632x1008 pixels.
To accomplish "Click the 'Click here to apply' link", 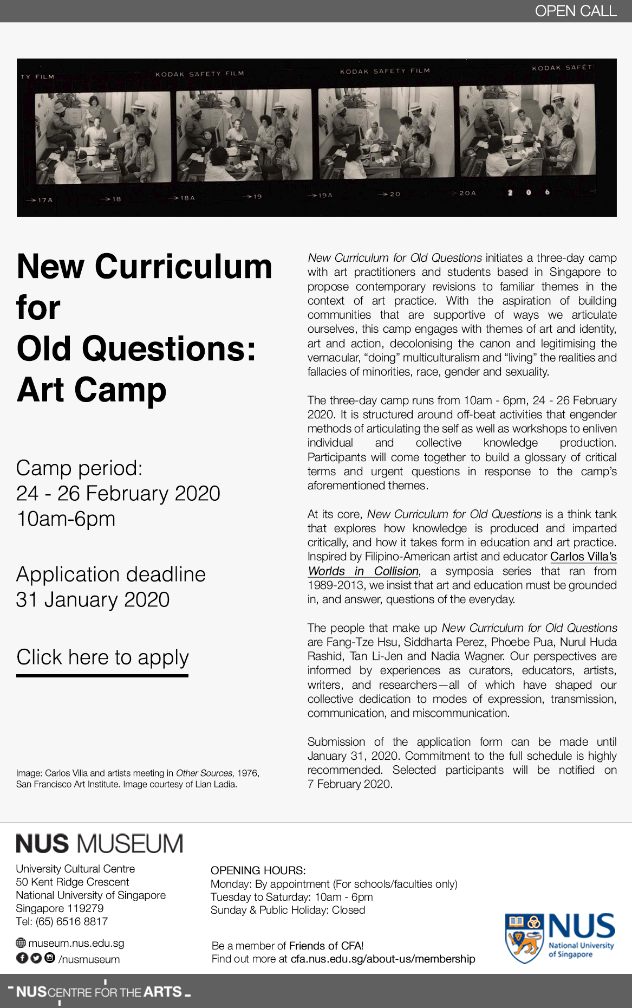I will coord(102,658).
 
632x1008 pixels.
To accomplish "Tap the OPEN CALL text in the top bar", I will coord(575,11).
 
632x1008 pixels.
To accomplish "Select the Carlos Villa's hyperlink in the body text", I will coord(583,557).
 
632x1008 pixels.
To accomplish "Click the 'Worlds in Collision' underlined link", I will coord(363,571).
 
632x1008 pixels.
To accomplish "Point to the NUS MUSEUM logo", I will coord(100,844).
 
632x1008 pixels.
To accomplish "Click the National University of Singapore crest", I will coord(524,938).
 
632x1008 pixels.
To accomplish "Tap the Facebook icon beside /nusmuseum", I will coord(22,958).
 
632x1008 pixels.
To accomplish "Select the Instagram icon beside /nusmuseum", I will coord(50,958).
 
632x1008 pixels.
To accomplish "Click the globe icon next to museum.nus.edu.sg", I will coord(21,943).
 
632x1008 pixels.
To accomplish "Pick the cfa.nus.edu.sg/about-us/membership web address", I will coord(383,959).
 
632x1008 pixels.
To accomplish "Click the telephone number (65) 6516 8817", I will coord(71,921).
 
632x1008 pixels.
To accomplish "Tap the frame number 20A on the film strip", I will coord(467,193).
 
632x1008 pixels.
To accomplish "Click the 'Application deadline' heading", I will coord(111,574).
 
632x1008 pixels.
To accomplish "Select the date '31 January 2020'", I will coord(93,600).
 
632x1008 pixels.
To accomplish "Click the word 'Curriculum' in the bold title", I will coord(184,267).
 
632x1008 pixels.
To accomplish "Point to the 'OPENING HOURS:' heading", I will coord(258,870).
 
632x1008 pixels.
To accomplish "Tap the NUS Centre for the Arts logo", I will coord(100,992).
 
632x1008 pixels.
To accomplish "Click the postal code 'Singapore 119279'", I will coord(60,908).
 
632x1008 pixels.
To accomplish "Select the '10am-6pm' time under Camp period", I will coord(66,519).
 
